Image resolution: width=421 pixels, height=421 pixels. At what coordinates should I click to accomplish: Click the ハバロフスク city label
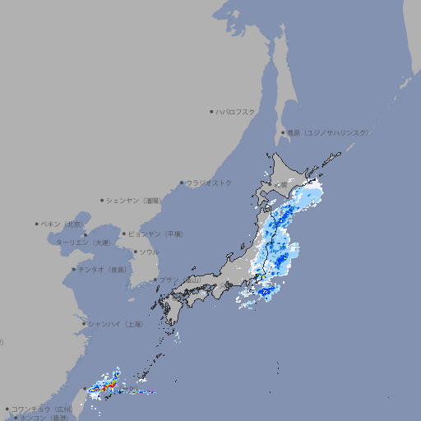pos(236,111)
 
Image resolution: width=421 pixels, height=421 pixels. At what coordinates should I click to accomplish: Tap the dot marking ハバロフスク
pos(212,111)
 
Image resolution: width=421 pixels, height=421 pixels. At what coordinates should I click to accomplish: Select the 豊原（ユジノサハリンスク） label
pos(327,132)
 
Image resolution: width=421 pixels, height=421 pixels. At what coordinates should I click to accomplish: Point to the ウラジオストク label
pos(209,183)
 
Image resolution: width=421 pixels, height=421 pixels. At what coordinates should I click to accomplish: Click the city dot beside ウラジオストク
pos(182,183)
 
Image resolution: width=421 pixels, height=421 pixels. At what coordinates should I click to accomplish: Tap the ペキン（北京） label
pos(62,224)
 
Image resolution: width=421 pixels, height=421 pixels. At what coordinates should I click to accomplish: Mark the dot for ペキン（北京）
pos(37,224)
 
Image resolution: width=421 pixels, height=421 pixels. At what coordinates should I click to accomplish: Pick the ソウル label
pos(149,252)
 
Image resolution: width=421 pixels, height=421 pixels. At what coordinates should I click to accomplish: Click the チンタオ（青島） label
pos(102,270)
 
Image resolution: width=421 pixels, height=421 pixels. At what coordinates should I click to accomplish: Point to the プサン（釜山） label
pos(178,280)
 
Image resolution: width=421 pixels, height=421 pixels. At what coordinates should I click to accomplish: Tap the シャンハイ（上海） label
pos(115,324)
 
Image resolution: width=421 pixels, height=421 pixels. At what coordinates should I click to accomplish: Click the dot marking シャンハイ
pos(84,324)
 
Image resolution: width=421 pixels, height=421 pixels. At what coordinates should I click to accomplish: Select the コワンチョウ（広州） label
pos(41,409)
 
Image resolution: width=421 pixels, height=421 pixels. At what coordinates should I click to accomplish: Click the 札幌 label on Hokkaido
pos(282,185)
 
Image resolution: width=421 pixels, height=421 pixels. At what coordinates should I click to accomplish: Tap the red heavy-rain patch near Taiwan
pos(105,384)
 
